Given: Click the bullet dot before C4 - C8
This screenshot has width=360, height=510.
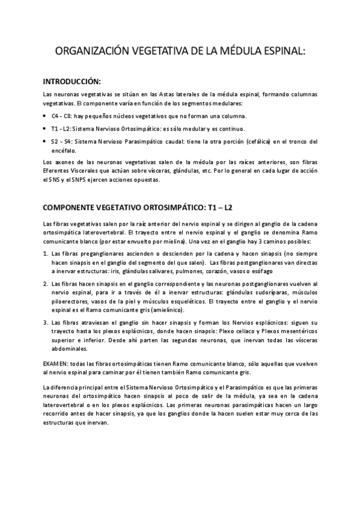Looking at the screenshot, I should tap(47, 116).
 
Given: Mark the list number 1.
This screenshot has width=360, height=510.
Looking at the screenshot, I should tap(46, 254).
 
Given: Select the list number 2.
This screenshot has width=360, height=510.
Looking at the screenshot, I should tap(46, 283).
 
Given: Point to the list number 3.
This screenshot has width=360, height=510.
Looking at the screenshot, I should tap(46, 323).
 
